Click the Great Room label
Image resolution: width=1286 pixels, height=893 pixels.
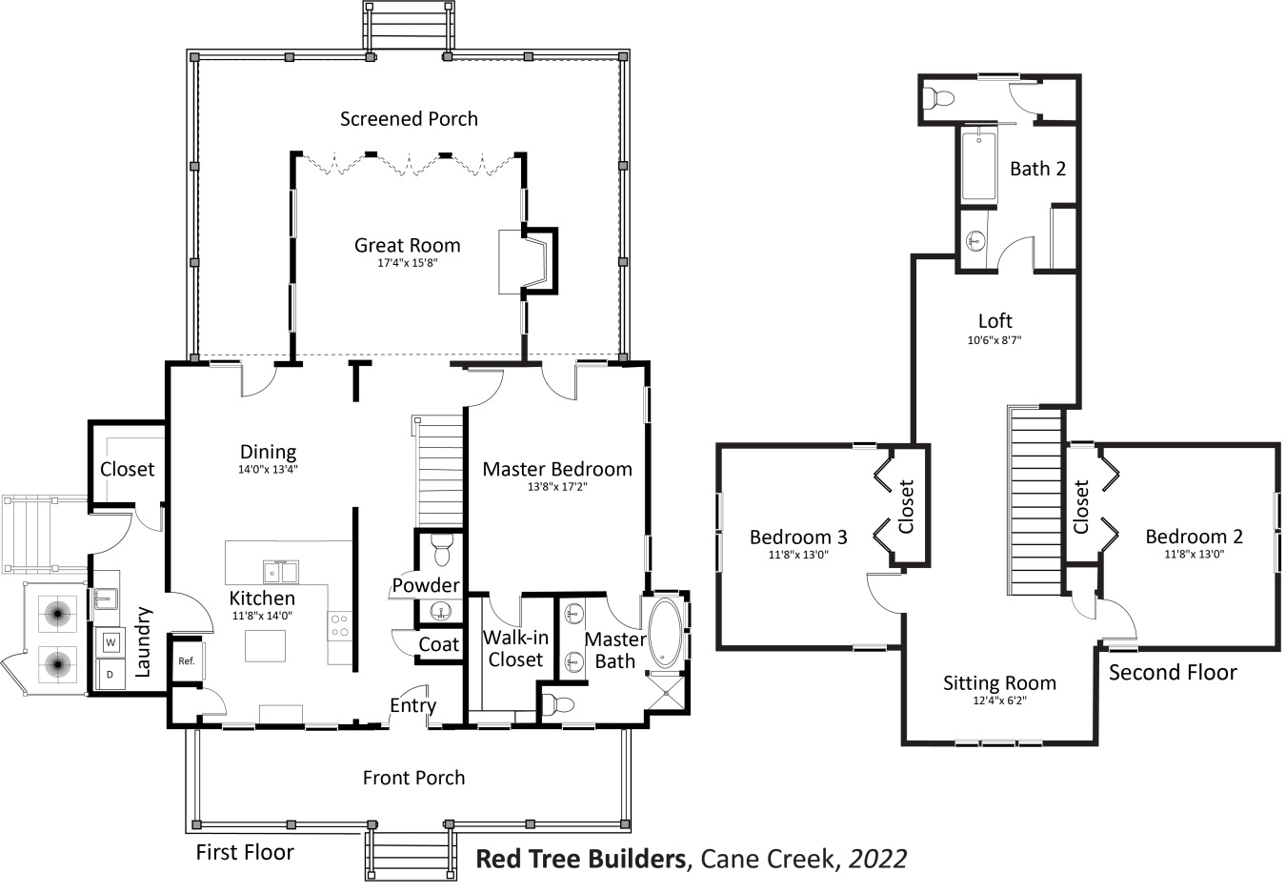407,245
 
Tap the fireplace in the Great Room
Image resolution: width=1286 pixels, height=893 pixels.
525,261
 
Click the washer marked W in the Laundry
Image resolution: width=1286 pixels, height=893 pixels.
111,642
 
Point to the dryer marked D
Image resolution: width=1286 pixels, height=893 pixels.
111,675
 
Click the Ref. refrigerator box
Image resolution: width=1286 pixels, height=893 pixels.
187,660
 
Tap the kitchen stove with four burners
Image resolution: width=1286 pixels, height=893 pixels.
339,626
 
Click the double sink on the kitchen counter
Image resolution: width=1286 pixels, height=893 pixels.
281,572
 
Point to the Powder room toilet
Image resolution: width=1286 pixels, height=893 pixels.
441,550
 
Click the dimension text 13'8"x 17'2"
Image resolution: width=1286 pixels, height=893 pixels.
557,486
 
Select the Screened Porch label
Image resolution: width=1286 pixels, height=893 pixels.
409,119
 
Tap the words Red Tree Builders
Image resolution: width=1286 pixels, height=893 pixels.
581,859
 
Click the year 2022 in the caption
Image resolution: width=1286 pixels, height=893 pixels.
877,859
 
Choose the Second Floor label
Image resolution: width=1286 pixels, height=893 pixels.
1172,673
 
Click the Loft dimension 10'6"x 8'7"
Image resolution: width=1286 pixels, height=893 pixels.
995,339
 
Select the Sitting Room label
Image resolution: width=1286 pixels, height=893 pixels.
999,683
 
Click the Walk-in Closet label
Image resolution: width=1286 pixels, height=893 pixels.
515,648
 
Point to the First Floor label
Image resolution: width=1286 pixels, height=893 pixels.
245,852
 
